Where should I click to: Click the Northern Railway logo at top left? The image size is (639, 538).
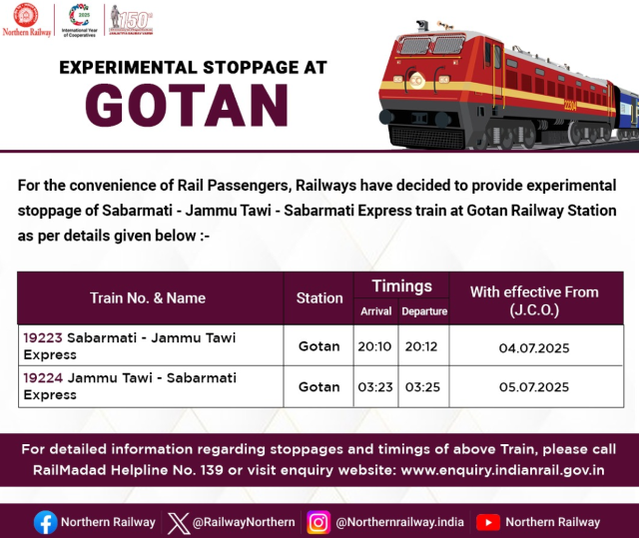click(27, 20)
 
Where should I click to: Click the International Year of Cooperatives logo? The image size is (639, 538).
click(80, 20)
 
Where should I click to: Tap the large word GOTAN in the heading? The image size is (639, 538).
click(187, 106)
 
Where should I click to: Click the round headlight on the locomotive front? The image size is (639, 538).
click(416, 80)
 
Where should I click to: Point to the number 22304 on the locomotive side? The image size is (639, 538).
click(570, 106)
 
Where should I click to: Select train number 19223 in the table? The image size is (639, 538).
click(43, 337)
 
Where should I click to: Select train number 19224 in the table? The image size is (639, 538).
click(43, 378)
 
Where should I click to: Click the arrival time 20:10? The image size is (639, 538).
click(374, 346)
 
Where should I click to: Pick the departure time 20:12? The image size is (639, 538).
click(421, 346)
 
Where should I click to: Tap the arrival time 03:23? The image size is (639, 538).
click(375, 386)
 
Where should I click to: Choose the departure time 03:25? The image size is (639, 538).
click(422, 386)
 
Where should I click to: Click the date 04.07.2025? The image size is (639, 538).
click(534, 348)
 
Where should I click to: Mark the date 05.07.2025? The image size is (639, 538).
click(534, 387)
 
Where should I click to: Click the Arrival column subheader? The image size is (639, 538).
click(375, 311)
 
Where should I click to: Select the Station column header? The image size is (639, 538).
click(319, 298)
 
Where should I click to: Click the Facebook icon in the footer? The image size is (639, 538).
click(45, 522)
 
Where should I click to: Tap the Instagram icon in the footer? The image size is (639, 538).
click(319, 522)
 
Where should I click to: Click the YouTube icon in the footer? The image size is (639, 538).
click(488, 522)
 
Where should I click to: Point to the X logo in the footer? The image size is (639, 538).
click(178, 523)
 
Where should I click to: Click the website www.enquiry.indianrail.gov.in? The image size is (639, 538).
click(502, 470)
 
